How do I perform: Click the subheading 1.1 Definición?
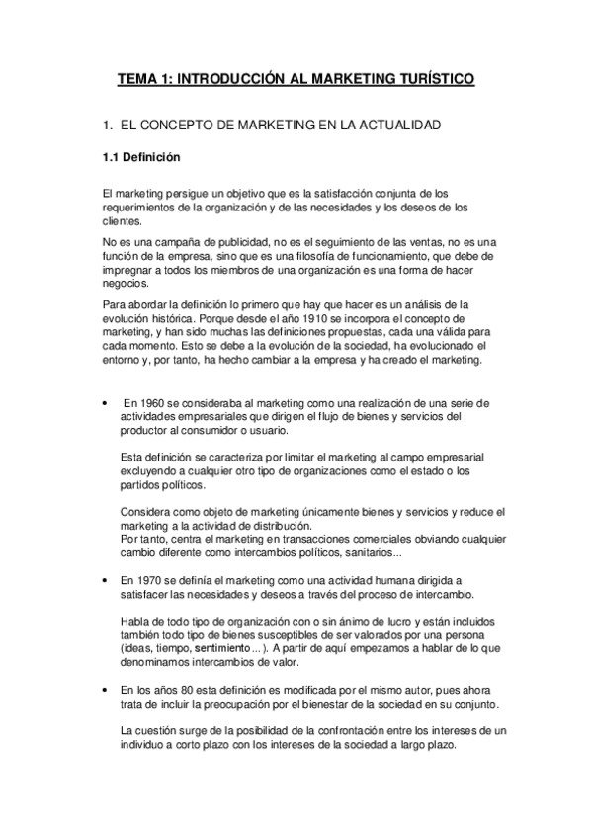tap(141, 156)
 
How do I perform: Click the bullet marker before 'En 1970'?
tap(105, 580)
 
